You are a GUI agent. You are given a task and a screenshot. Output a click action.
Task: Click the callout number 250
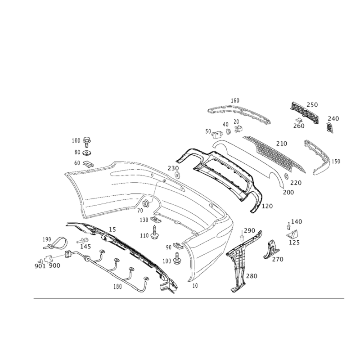click(312, 105)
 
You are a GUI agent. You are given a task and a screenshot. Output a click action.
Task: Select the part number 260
click(299, 126)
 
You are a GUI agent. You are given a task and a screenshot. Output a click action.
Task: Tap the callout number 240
click(333, 118)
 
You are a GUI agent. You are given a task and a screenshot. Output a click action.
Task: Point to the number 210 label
click(281, 144)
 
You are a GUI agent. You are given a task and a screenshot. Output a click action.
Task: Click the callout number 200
click(288, 192)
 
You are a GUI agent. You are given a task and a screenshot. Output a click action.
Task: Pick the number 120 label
click(268, 206)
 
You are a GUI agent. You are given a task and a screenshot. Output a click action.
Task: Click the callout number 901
click(40, 266)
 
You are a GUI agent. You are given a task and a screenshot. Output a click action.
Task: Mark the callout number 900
click(54, 266)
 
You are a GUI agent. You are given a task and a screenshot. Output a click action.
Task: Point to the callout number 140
click(297, 221)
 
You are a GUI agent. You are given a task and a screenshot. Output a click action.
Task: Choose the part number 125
click(295, 242)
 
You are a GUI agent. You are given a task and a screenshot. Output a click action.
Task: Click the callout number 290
click(249, 230)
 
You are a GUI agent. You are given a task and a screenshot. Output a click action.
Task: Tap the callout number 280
click(252, 276)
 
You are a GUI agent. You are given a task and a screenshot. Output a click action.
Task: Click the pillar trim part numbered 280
click(238, 265)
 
